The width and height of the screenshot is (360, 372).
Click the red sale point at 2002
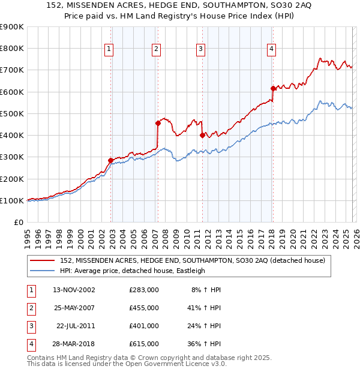tap(111, 160)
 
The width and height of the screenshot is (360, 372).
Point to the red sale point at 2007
tap(158, 123)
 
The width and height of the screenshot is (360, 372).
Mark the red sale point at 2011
tap(202, 135)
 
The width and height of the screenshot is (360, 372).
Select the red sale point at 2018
tap(273, 88)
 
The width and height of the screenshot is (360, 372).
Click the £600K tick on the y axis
tap(12, 92)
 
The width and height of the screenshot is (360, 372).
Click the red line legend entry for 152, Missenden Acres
tap(192, 260)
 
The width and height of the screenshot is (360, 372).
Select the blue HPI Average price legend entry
tap(132, 271)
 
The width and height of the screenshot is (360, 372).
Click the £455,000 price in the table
tap(144, 307)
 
